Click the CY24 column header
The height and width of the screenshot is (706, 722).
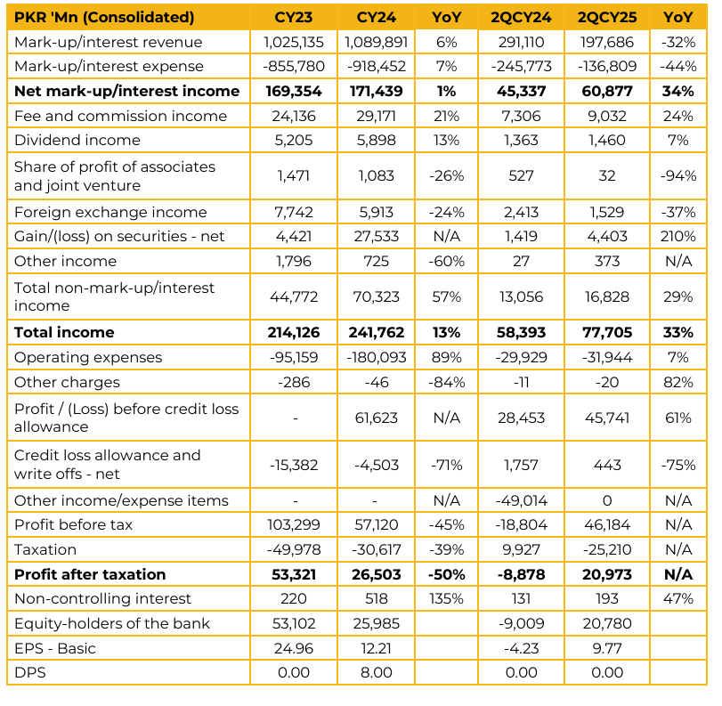click(377, 18)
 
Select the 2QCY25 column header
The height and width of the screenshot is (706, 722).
click(607, 18)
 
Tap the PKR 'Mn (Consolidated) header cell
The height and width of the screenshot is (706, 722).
click(104, 18)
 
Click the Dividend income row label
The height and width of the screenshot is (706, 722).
click(77, 140)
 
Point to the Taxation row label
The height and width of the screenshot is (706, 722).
click(45, 549)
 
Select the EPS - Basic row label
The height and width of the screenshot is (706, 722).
click(55, 648)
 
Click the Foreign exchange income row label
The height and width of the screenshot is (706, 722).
click(110, 212)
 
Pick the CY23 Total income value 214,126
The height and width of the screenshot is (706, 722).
click(294, 332)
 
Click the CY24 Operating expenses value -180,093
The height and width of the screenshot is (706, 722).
click(377, 357)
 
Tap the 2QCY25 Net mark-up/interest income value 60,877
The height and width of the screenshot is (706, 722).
click(607, 91)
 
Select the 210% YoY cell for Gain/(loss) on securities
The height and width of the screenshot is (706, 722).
click(677, 236)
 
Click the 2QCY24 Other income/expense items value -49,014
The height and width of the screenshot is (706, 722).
click(521, 500)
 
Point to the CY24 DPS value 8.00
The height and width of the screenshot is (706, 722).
click(377, 672)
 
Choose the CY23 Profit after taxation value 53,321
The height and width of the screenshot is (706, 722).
click(294, 575)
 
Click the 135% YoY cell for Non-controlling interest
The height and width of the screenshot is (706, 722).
click(446, 598)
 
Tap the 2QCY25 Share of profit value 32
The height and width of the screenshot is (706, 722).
click(607, 176)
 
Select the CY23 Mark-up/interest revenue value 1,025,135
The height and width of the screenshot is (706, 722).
click(294, 43)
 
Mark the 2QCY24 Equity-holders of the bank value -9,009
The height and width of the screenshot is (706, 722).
click(521, 623)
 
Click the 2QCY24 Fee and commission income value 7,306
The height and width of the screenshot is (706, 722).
click(521, 116)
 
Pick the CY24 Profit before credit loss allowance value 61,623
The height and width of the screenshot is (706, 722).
click(377, 418)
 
